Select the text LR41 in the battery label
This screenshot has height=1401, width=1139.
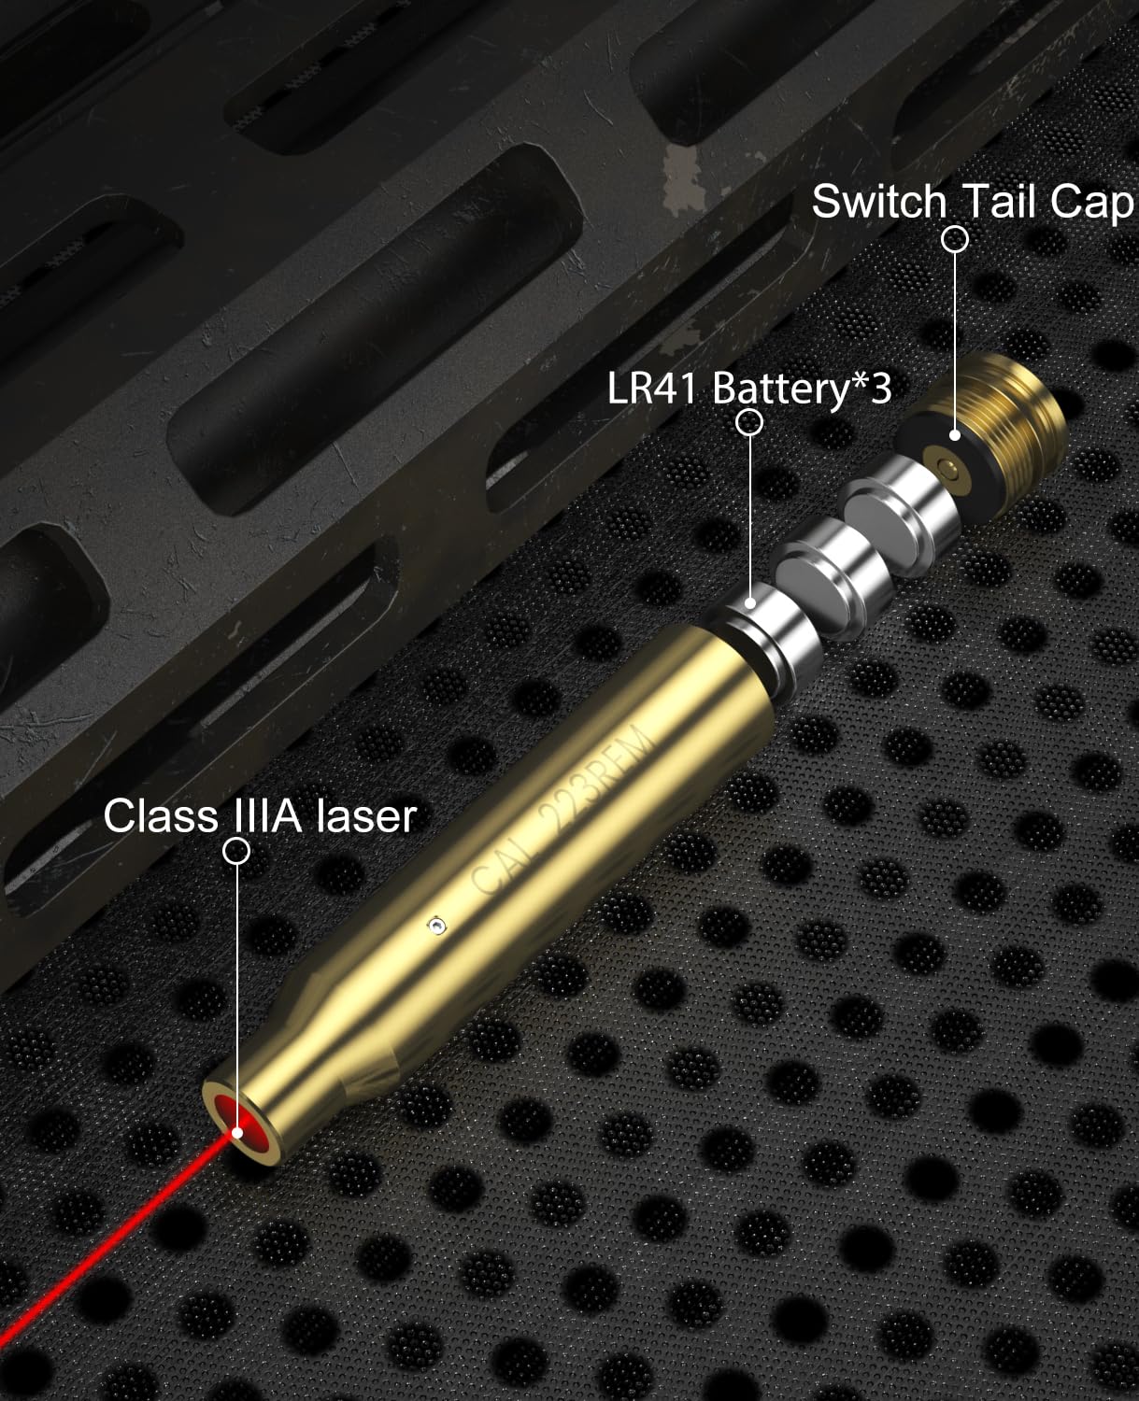tap(651, 388)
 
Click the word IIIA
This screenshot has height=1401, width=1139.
tap(266, 816)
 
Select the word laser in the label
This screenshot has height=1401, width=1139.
tap(366, 816)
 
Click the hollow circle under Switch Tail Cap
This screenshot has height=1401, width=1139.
tap(954, 239)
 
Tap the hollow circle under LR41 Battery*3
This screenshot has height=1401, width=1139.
tap(748, 422)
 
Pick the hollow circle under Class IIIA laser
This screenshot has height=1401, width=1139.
tap(236, 851)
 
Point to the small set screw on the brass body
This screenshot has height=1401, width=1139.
tap(436, 927)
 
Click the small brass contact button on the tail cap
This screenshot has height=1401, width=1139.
tap(947, 467)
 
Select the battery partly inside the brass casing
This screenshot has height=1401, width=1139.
tap(763, 642)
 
